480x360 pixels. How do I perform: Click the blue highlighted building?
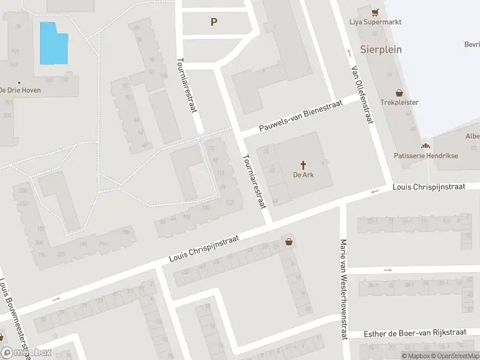coord(53,44)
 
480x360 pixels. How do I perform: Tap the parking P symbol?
coord(214,22)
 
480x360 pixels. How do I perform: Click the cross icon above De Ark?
coord(304,164)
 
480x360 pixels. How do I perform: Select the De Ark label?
coord(304,175)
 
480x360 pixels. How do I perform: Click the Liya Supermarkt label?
coord(375,22)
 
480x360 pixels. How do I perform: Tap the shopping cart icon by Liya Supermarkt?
coord(376,12)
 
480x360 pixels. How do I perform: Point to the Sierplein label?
coord(381,49)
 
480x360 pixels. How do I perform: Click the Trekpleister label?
coord(399,103)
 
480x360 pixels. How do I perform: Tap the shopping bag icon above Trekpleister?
coord(399,92)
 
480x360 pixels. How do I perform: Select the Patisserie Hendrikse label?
coord(425,155)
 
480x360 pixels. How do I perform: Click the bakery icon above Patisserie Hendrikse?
coord(425,146)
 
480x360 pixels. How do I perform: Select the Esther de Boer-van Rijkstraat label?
coord(415,334)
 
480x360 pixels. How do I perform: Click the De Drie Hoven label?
coord(19,90)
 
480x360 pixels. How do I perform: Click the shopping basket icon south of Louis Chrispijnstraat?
coord(290,242)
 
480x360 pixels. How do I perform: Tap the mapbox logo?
coord(26,353)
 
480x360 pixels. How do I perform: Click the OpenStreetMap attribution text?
coord(457,356)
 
